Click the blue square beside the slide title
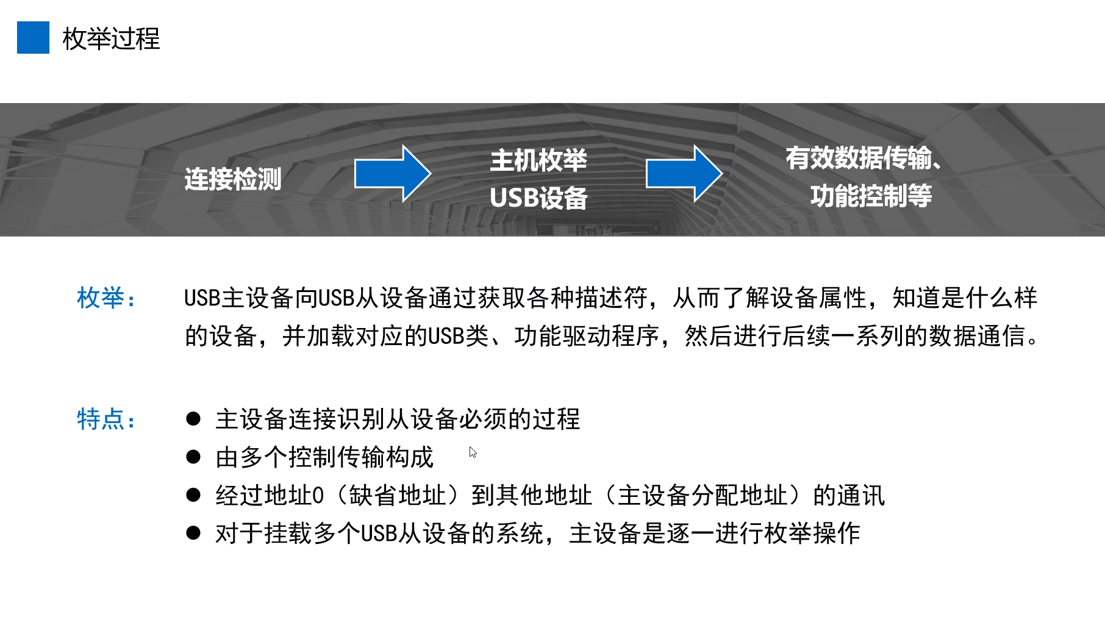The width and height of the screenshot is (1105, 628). point(33,38)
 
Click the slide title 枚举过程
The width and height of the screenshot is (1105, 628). point(111,39)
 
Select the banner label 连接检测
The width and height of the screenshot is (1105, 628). point(233,179)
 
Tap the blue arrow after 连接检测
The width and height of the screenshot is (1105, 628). point(392,174)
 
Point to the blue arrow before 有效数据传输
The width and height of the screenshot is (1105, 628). point(684,174)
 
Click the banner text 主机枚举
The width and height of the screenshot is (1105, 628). point(538,160)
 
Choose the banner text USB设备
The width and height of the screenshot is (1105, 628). point(538,198)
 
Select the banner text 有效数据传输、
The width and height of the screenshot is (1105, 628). point(863,158)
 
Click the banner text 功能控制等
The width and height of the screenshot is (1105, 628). point(871,196)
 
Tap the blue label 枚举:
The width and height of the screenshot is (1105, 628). point(107,298)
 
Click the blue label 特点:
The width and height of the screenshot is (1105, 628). point(107,419)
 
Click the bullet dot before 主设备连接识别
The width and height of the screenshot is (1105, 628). point(193,419)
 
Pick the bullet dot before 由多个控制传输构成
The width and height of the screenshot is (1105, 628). point(193,457)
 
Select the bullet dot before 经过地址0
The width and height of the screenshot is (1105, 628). point(193,495)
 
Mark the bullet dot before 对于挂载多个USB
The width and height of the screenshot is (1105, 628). point(193,533)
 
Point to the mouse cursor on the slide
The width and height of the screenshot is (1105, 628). point(473,452)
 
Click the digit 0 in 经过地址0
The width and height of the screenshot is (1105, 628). point(318,496)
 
